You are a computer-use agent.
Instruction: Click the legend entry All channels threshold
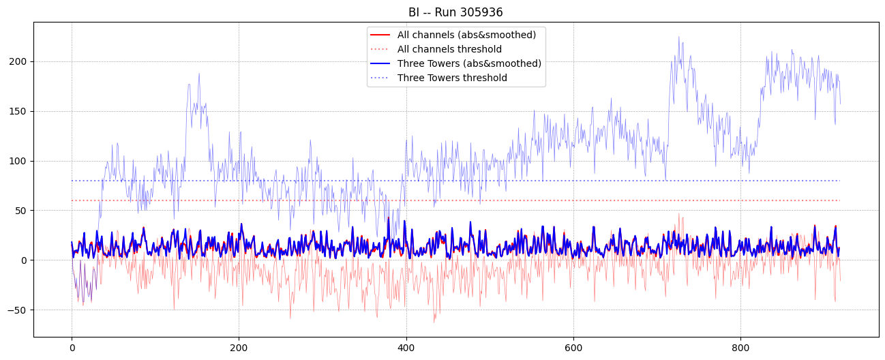449,49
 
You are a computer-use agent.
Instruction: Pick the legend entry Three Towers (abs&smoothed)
469,63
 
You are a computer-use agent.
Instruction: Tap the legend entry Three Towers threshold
452,78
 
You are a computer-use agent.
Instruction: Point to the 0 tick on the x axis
72,346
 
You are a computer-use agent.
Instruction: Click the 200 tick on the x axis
239,346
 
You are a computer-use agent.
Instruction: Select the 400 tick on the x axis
406,346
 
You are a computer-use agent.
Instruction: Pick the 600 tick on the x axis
573,346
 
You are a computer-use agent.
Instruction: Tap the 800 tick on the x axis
740,346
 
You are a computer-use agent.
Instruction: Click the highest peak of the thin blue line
678,37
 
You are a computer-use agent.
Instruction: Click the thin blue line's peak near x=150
199,74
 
